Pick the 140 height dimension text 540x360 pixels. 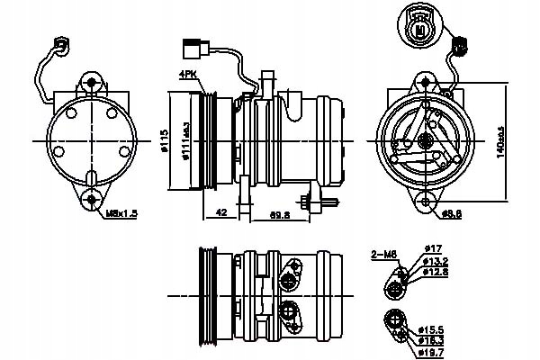pyautogui.click(x=499, y=142)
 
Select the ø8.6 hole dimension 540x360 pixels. pyautogui.click(x=452, y=214)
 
